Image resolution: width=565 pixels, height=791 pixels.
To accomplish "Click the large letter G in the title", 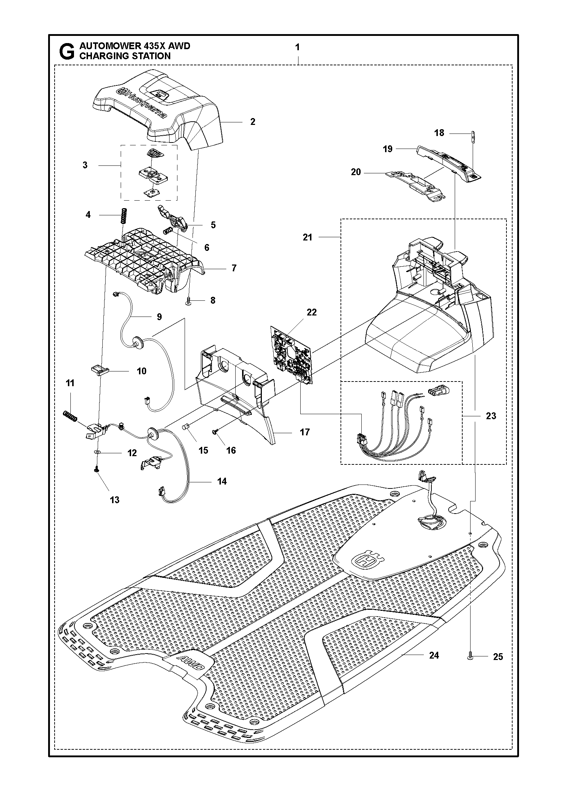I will (66, 51).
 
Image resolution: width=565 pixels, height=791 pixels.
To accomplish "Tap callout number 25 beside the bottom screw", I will (498, 657).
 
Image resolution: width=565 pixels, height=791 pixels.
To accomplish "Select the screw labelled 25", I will (470, 656).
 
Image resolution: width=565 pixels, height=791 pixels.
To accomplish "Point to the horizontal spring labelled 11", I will (71, 416).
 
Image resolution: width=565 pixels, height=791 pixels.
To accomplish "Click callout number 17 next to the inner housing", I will (305, 432).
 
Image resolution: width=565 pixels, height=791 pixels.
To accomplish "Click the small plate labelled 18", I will (473, 137).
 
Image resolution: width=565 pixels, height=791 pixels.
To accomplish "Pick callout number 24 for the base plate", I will (434, 655).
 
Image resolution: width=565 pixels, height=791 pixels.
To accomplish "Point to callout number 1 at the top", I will (297, 47).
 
